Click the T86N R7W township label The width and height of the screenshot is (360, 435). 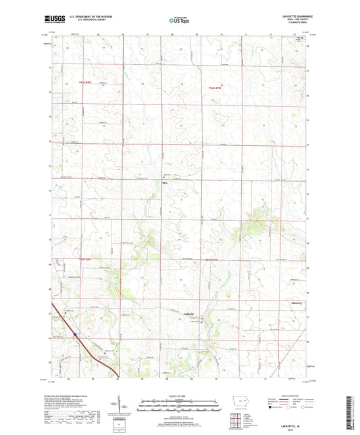click(215, 88)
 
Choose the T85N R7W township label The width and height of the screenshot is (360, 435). click(211, 261)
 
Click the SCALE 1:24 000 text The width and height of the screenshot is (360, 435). click(180, 396)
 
